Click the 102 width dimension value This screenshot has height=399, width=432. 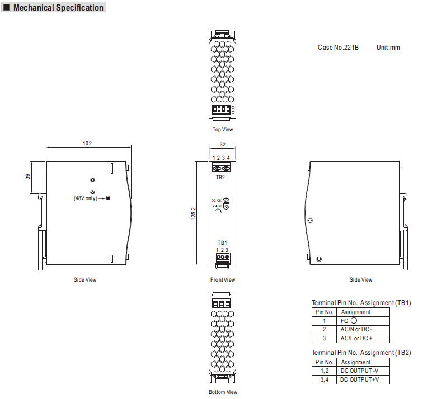click(x=87, y=144)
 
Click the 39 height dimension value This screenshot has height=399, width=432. click(x=27, y=177)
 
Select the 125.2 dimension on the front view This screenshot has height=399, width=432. click(x=194, y=213)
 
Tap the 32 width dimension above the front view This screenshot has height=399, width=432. click(x=222, y=144)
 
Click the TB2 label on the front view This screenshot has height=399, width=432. click(x=220, y=178)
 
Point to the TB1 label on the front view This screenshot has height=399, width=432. click(x=222, y=243)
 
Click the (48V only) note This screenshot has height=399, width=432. click(x=86, y=198)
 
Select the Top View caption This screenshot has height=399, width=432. click(x=223, y=129)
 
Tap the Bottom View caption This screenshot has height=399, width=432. click(x=223, y=392)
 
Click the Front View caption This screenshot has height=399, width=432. click(x=223, y=279)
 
